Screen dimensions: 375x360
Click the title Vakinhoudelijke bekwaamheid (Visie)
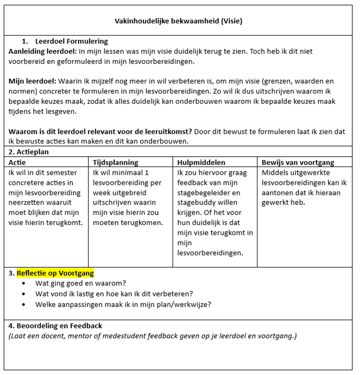tap(178, 21)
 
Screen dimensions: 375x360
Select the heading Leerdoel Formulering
tap(71, 42)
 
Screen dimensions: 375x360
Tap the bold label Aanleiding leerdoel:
tap(42, 51)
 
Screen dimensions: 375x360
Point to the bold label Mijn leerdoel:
tap(32, 81)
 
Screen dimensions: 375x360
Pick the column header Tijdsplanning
tap(115, 162)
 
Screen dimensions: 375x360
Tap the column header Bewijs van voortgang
tap(298, 162)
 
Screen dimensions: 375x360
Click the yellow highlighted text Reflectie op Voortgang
tap(55, 273)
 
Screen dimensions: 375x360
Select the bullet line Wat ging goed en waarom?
tap(80, 283)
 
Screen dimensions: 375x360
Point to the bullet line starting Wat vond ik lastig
tap(114, 294)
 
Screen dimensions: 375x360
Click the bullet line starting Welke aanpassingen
tap(123, 304)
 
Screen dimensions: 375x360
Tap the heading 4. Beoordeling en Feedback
tap(55, 326)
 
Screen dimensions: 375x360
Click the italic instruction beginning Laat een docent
tap(152, 336)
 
